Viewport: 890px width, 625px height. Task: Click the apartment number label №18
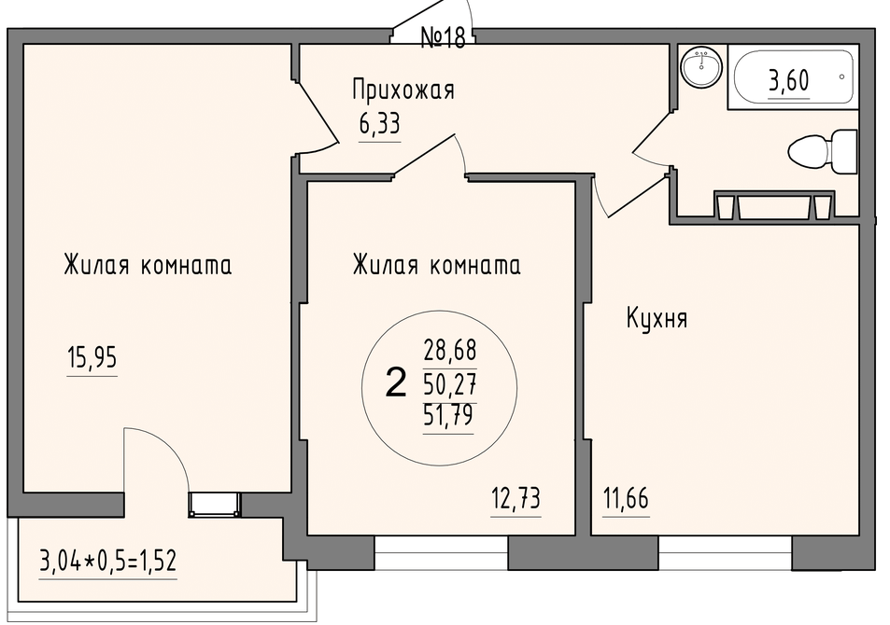click(443, 37)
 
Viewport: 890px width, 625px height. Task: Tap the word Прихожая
click(403, 90)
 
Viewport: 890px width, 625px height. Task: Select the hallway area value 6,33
click(379, 123)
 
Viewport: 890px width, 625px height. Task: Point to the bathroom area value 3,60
click(788, 80)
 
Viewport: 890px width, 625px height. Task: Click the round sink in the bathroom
click(702, 67)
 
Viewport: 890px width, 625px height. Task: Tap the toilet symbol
click(823, 152)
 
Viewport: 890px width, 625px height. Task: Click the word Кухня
click(657, 319)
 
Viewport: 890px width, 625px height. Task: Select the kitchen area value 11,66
click(626, 499)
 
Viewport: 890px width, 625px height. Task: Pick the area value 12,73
click(516, 499)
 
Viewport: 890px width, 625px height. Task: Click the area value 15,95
click(92, 358)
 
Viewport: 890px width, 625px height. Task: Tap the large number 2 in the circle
click(396, 382)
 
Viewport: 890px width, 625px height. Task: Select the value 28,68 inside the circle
click(449, 351)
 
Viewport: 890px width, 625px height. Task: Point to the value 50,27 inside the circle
click(449, 385)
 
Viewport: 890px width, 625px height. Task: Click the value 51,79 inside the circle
click(448, 416)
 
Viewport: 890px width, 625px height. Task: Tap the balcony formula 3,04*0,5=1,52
click(107, 562)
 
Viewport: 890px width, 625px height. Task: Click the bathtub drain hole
click(841, 76)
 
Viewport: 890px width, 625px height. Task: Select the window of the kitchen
click(725, 553)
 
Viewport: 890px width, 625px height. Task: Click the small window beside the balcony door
click(215, 504)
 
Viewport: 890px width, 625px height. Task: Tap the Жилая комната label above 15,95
click(148, 266)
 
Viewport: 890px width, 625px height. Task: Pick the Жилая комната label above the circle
click(436, 266)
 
